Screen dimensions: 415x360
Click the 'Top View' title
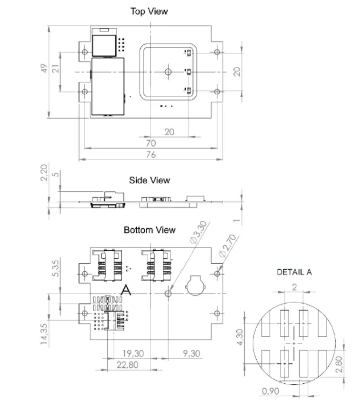click(149, 11)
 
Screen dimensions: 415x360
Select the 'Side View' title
click(149, 181)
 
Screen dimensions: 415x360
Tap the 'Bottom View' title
click(149, 230)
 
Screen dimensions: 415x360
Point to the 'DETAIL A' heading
click(294, 272)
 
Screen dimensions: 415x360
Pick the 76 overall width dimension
click(151, 155)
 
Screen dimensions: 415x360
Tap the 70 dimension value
click(151, 144)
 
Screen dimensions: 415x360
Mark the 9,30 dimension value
click(192, 353)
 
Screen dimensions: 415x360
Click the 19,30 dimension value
click(132, 353)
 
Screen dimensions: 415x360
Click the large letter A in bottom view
click(127, 290)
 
